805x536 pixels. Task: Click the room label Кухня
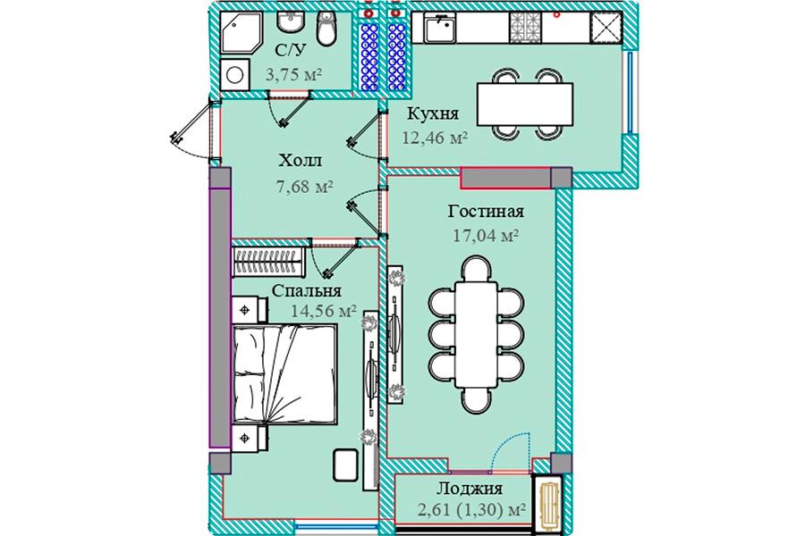[433, 113]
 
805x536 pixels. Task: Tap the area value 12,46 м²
[435, 138]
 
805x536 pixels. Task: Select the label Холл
[301, 161]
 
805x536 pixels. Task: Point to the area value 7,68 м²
[305, 186]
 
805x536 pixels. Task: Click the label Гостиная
[486, 211]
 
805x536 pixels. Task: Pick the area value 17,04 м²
[486, 236]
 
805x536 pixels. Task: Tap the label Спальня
[307, 291]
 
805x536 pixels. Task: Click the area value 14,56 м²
[324, 310]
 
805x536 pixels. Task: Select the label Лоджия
[470, 489]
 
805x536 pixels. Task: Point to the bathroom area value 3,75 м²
[293, 75]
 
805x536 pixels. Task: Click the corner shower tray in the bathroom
[241, 32]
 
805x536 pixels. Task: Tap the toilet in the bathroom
[326, 29]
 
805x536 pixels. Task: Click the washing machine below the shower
[235, 75]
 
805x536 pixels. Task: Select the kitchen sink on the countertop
[439, 28]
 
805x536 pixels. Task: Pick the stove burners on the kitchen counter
[525, 28]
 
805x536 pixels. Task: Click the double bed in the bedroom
[285, 373]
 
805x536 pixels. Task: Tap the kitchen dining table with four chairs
[525, 105]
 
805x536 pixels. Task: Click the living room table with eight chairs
[476, 334]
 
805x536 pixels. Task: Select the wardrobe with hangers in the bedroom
[268, 262]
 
